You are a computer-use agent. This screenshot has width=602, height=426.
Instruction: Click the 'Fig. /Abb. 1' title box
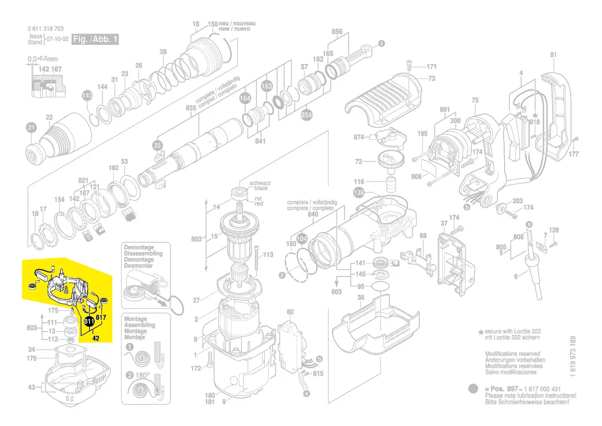(x=95, y=40)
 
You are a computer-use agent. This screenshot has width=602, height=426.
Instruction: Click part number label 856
(x=337, y=32)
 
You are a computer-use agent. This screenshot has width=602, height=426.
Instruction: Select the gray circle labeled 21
(x=31, y=128)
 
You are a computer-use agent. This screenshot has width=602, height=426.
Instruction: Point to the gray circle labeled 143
(x=88, y=95)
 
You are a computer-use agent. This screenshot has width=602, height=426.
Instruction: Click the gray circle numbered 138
(x=358, y=193)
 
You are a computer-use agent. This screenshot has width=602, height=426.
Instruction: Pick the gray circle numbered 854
(x=306, y=115)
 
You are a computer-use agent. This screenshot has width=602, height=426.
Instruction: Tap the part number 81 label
(x=554, y=55)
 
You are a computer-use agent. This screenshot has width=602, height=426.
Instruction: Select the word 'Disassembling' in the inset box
(x=143, y=254)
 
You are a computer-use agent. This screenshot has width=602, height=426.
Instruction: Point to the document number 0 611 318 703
(x=45, y=29)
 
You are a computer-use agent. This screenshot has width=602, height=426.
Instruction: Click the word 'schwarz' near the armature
(x=260, y=183)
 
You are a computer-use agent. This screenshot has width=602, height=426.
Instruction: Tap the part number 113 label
(x=268, y=255)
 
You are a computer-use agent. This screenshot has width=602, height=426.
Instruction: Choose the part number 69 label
(x=423, y=236)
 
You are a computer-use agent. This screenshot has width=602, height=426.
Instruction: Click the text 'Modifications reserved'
(x=512, y=354)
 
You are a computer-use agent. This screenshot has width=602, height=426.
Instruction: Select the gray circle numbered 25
(x=158, y=145)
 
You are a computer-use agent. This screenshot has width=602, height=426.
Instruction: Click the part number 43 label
(x=31, y=386)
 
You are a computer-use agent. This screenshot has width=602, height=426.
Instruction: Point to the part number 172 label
(x=196, y=368)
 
